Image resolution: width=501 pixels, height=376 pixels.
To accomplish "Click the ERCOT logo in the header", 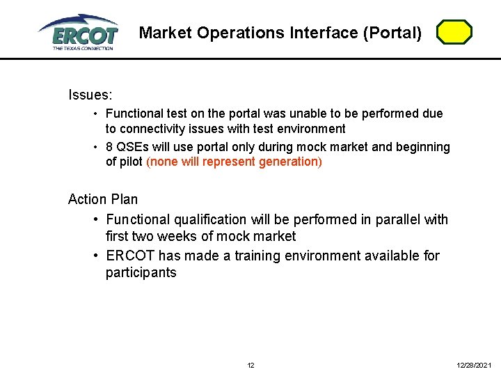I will tap(78, 31).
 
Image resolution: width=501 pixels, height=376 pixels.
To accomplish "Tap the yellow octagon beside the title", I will tap(454, 33).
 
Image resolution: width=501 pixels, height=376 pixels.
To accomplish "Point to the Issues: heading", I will tap(90, 94).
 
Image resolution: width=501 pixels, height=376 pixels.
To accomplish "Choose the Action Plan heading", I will tap(103, 199).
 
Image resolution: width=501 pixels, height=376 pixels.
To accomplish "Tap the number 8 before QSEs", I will tap(109, 147).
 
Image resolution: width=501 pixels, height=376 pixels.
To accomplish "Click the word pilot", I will tap(130, 162).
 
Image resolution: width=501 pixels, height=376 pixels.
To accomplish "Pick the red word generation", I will tap(288, 162).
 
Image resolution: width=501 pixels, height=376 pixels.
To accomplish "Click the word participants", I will tap(141, 273).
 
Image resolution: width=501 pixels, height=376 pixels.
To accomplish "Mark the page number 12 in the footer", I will tap(250, 366).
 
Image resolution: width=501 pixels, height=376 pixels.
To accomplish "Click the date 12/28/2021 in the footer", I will tap(474, 366).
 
